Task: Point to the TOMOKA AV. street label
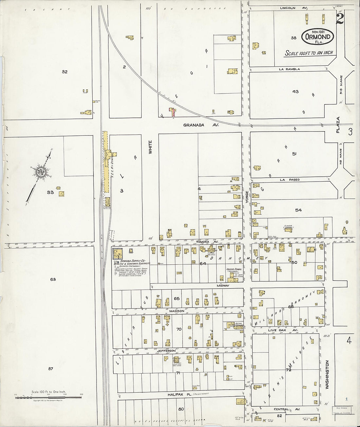[211, 242]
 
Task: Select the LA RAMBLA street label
[289, 69]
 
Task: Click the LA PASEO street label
[289, 180]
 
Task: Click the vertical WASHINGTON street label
[327, 374]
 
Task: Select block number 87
[50, 369]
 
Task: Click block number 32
[64, 72]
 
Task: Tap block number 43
[295, 92]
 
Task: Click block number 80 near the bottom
[181, 409]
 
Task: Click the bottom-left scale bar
[48, 397]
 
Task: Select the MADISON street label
[177, 311]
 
